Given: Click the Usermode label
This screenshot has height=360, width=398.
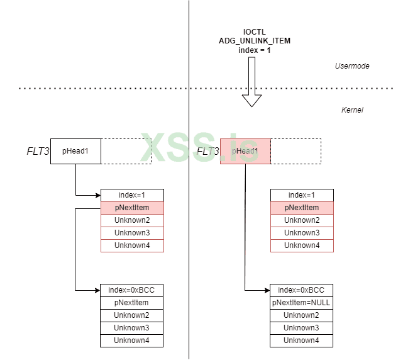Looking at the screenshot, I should pos(351,65).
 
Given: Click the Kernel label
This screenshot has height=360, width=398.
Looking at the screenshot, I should pos(352,110).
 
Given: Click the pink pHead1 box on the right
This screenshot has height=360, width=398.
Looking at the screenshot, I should pos(245,151).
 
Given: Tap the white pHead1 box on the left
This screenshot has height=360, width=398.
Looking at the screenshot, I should pos(75,151).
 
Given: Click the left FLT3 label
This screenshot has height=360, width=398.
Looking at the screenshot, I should pos(38,152).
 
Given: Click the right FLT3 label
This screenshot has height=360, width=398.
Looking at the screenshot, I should pos(208,152).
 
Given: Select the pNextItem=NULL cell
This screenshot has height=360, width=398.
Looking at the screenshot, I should pos(301,303).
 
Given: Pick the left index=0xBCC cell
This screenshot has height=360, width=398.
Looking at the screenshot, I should pos(131,290).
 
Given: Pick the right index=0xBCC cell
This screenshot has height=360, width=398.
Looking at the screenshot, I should pos(301,290).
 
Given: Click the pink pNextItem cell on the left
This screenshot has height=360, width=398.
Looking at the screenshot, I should pos(132,208).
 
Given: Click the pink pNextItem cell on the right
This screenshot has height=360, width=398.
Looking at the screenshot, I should pos(302,208).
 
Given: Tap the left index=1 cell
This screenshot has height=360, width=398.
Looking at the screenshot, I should pos(132,195).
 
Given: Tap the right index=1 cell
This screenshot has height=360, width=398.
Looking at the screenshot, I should pos(302,195).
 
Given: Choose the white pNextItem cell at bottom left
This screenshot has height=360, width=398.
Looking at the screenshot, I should pos(131,303).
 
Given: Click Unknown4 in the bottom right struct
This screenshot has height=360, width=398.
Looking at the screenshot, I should pos(301,340).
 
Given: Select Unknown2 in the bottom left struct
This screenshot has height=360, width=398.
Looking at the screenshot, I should pos(131,315).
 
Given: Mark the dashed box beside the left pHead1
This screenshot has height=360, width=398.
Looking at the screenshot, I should pos(126,151).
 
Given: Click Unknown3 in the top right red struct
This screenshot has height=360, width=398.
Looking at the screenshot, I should pos(302,233).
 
